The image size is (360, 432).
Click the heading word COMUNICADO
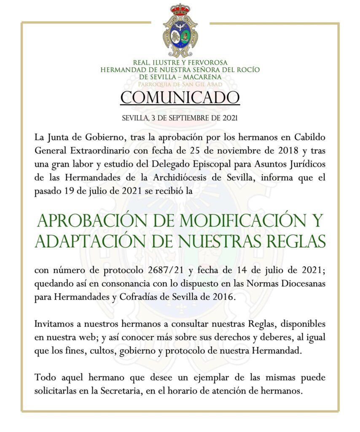point(180,97)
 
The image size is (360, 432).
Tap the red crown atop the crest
point(180,10)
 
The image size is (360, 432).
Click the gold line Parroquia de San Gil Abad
point(180,84)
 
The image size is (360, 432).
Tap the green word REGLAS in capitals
point(295,241)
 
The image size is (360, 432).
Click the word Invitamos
point(54,325)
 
